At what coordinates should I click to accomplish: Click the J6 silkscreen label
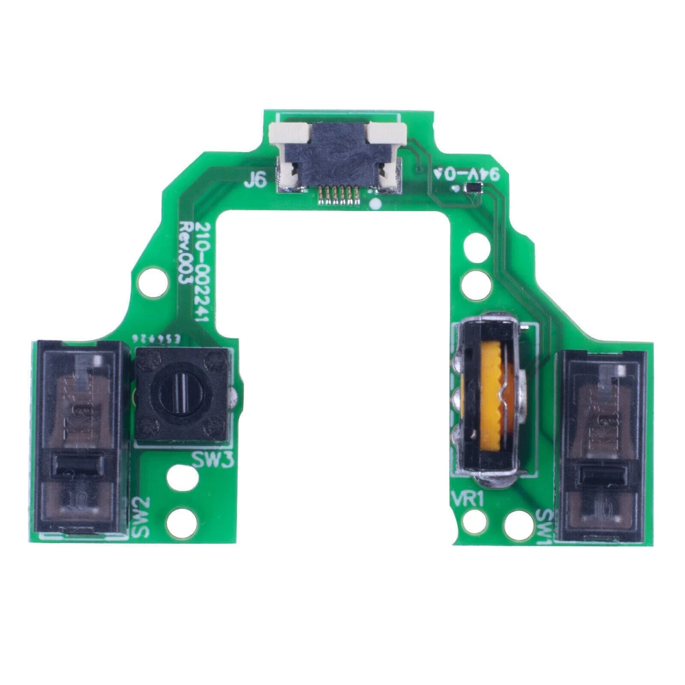coord(254,181)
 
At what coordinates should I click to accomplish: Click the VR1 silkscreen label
coord(469,499)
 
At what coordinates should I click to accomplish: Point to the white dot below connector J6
coord(374,203)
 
